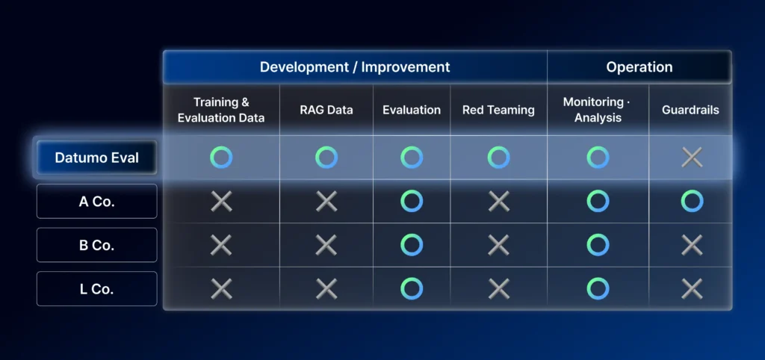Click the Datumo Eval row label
pos(96,158)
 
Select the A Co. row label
pos(96,202)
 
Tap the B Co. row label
pos(96,245)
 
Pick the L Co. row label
pos(96,289)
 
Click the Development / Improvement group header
pos(355,66)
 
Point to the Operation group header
pos(639,66)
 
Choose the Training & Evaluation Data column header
pos(221,110)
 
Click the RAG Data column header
pos(326,110)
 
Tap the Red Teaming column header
pos(498,110)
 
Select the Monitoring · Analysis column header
pos(597,110)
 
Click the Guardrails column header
pos(690,110)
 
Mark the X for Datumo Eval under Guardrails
pos(692,158)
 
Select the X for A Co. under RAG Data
pos(326,202)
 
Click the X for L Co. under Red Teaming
pos(498,289)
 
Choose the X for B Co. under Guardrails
pos(692,245)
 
